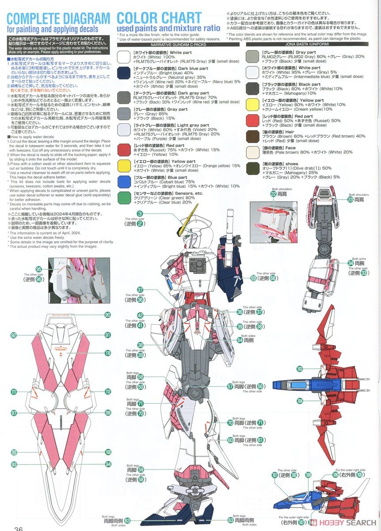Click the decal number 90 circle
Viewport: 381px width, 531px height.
108,315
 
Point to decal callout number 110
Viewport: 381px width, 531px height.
108,353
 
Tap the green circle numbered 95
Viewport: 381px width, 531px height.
39,269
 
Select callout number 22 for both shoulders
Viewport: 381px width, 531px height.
274,193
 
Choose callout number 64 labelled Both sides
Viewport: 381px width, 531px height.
240,340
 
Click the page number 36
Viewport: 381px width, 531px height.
19,527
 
